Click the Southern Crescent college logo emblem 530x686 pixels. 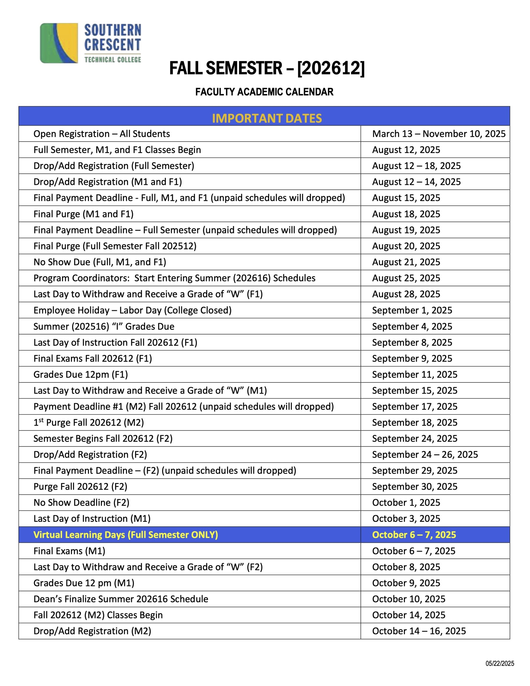point(59,43)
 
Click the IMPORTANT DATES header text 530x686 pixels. point(267,118)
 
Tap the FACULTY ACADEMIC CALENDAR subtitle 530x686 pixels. point(264,92)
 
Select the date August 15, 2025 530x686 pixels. point(406,198)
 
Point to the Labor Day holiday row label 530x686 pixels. point(132,310)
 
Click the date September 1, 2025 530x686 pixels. point(412,310)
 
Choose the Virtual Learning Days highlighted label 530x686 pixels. point(126,535)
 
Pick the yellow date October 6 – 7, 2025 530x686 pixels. point(414,535)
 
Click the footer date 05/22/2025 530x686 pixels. point(499,663)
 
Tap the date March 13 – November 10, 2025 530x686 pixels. point(439,134)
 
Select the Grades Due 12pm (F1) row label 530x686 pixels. point(81,374)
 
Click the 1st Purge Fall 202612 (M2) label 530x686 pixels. point(89,423)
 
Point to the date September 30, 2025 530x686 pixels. point(415,487)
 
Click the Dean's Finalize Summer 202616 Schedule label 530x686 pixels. point(121,599)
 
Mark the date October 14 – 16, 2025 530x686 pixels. point(419,631)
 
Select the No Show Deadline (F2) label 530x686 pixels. point(81,502)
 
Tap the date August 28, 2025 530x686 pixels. point(406,294)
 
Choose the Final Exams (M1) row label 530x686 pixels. point(69,551)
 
